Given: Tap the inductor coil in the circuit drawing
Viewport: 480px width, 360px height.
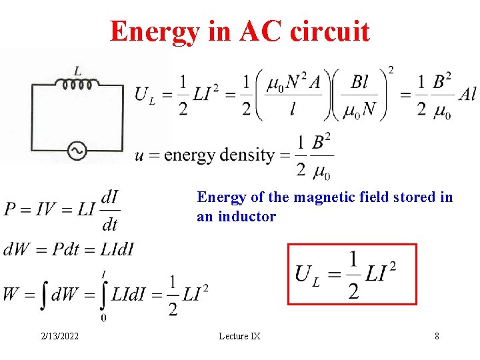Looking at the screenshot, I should [x=77, y=83].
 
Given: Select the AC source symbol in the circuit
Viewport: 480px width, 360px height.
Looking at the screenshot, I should [x=77, y=151].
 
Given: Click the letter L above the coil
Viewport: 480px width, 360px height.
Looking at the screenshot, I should [x=77, y=69].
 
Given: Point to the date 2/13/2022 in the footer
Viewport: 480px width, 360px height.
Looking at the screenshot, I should [x=58, y=336].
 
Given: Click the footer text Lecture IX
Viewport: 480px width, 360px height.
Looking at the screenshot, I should [x=239, y=336].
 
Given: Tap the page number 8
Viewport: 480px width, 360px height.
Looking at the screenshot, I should [x=437, y=336].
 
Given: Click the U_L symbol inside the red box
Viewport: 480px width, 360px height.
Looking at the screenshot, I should [x=307, y=274].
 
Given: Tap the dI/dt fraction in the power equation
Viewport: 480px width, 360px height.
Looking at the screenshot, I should [x=109, y=209].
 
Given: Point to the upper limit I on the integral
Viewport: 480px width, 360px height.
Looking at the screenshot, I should [x=103, y=274].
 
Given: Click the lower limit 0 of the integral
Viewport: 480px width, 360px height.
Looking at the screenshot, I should [x=103, y=317].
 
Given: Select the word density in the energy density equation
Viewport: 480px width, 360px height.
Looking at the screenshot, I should [x=248, y=155].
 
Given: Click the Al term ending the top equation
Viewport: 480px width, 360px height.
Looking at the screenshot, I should [x=467, y=94].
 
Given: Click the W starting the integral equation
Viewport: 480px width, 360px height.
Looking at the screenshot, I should [x=11, y=294].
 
